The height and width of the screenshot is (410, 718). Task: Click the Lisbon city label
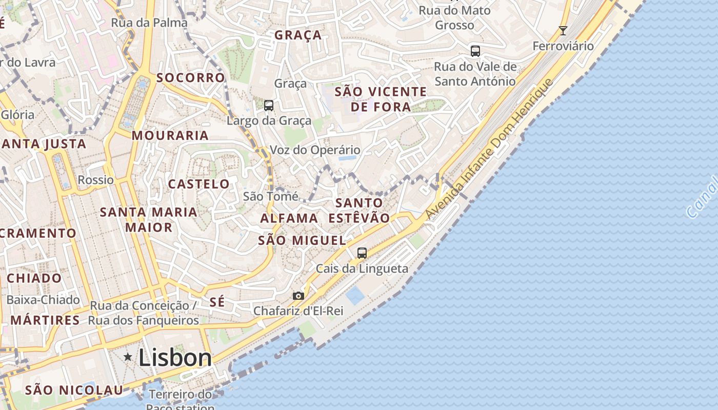(x=175, y=357)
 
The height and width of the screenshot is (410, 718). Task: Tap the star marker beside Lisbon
(x=128, y=357)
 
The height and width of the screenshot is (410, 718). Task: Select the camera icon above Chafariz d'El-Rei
(x=298, y=296)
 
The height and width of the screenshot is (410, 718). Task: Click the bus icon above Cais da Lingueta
(x=362, y=253)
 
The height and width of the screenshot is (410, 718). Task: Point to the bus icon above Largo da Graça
(x=269, y=106)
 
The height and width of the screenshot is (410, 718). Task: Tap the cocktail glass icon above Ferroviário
(x=563, y=31)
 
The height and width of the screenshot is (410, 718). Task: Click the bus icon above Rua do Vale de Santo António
(x=475, y=51)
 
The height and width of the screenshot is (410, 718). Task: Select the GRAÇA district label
(x=298, y=35)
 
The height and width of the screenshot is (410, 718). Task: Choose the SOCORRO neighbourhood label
(x=190, y=78)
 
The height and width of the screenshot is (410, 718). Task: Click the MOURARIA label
(x=170, y=136)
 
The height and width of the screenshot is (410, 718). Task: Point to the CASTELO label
(x=199, y=184)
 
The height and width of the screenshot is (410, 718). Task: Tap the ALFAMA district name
(x=289, y=218)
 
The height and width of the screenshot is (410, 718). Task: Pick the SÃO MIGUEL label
(x=302, y=240)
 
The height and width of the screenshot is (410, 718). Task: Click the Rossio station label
(x=96, y=180)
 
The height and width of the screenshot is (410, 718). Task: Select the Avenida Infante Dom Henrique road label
(x=490, y=149)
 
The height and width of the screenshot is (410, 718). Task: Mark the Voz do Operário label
(x=315, y=150)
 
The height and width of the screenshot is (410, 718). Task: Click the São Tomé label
(x=270, y=196)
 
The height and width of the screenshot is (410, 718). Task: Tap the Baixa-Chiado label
(x=43, y=300)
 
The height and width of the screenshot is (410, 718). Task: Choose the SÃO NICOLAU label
(x=74, y=390)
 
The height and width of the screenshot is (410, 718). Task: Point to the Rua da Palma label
(x=149, y=23)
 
